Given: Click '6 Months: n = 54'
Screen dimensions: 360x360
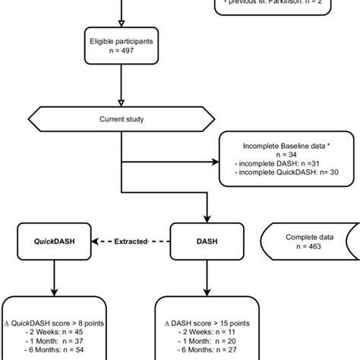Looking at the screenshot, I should click(53, 352).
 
